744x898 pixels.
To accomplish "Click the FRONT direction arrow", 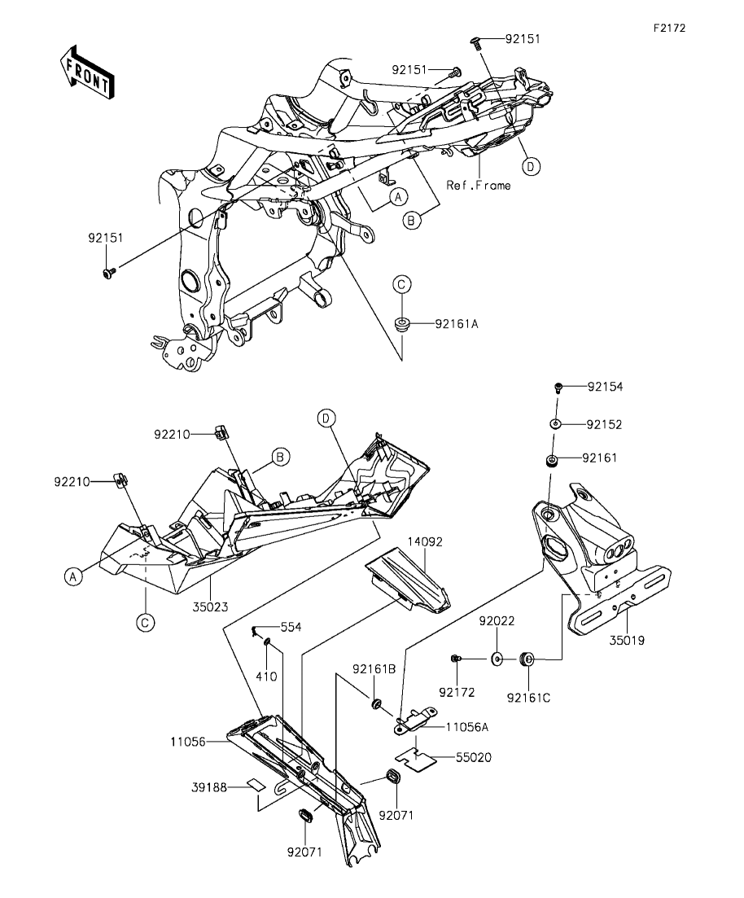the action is (x=87, y=72).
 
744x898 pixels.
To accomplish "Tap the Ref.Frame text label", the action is (x=479, y=185).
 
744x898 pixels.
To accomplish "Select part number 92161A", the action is (x=457, y=323).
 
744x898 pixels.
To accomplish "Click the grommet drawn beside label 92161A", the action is (x=403, y=324).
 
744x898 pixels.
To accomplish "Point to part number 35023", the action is (x=210, y=607).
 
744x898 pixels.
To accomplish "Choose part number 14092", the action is (x=425, y=541).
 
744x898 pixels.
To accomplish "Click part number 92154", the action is (x=606, y=387).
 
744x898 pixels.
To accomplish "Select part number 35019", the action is (x=627, y=640).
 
